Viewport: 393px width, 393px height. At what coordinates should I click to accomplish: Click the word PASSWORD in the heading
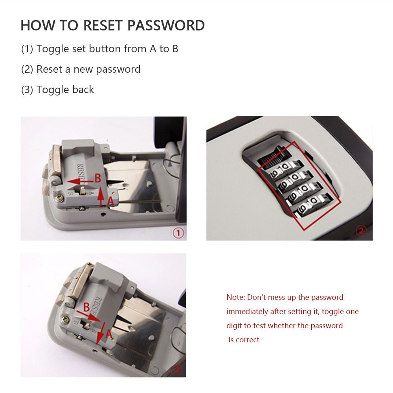[166, 25]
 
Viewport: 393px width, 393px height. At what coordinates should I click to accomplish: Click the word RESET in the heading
[103, 25]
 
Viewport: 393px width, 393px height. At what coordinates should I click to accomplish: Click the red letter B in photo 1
[97, 178]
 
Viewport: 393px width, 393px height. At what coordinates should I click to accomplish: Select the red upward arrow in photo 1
[101, 196]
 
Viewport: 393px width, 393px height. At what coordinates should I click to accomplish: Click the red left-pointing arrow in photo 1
[80, 181]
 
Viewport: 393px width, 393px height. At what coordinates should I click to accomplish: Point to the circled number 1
[178, 233]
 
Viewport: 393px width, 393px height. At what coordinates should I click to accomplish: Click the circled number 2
[361, 230]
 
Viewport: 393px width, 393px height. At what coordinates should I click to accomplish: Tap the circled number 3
[177, 370]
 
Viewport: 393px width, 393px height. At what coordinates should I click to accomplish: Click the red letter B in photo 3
[86, 307]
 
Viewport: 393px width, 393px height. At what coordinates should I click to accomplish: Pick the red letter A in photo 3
[109, 334]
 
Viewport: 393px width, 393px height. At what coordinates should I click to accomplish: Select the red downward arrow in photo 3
[101, 333]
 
